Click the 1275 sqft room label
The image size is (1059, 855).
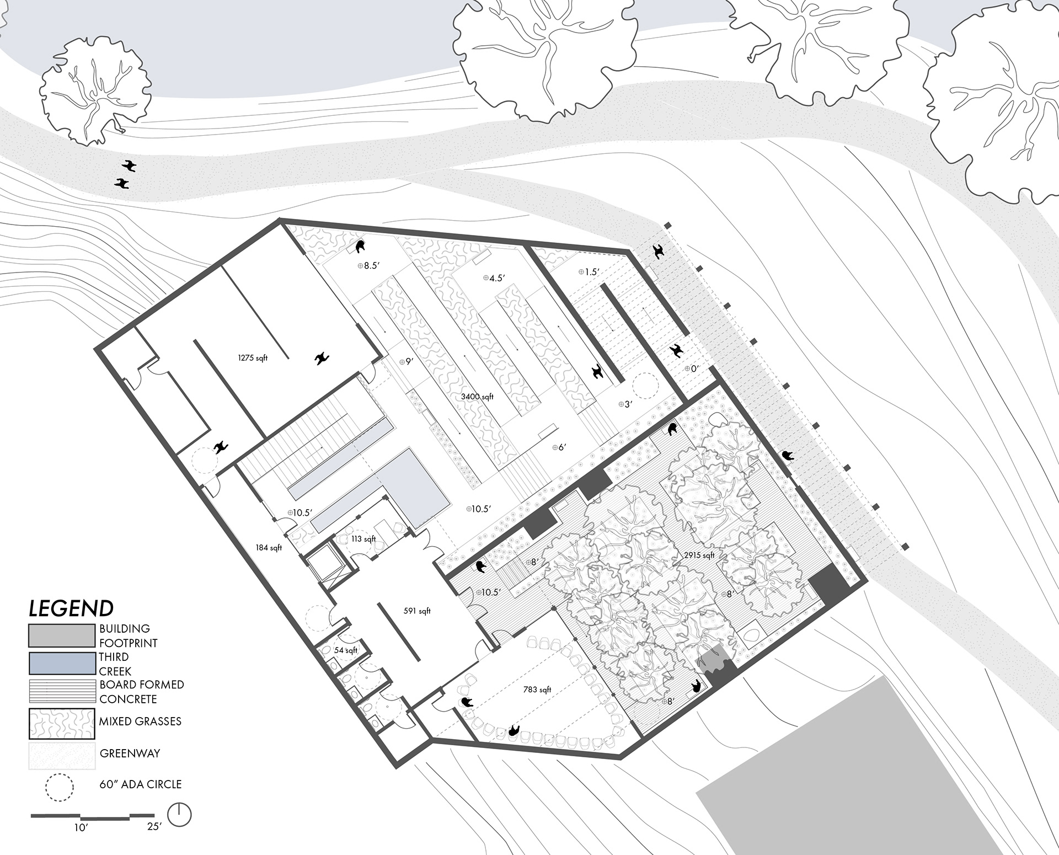(253, 358)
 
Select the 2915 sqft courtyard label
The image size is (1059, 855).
(699, 555)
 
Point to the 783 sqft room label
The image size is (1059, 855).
(537, 690)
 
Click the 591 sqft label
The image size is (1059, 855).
(417, 611)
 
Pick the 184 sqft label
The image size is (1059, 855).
(269, 548)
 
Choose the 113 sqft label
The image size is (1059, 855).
(363, 538)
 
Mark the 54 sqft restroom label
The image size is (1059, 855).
(346, 650)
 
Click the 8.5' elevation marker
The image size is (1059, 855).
(368, 265)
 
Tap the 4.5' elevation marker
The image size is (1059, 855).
(494, 278)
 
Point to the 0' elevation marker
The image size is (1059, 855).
(692, 368)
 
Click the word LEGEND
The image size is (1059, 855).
(71, 608)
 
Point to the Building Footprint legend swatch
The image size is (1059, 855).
(62, 635)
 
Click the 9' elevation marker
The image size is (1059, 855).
(406, 361)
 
